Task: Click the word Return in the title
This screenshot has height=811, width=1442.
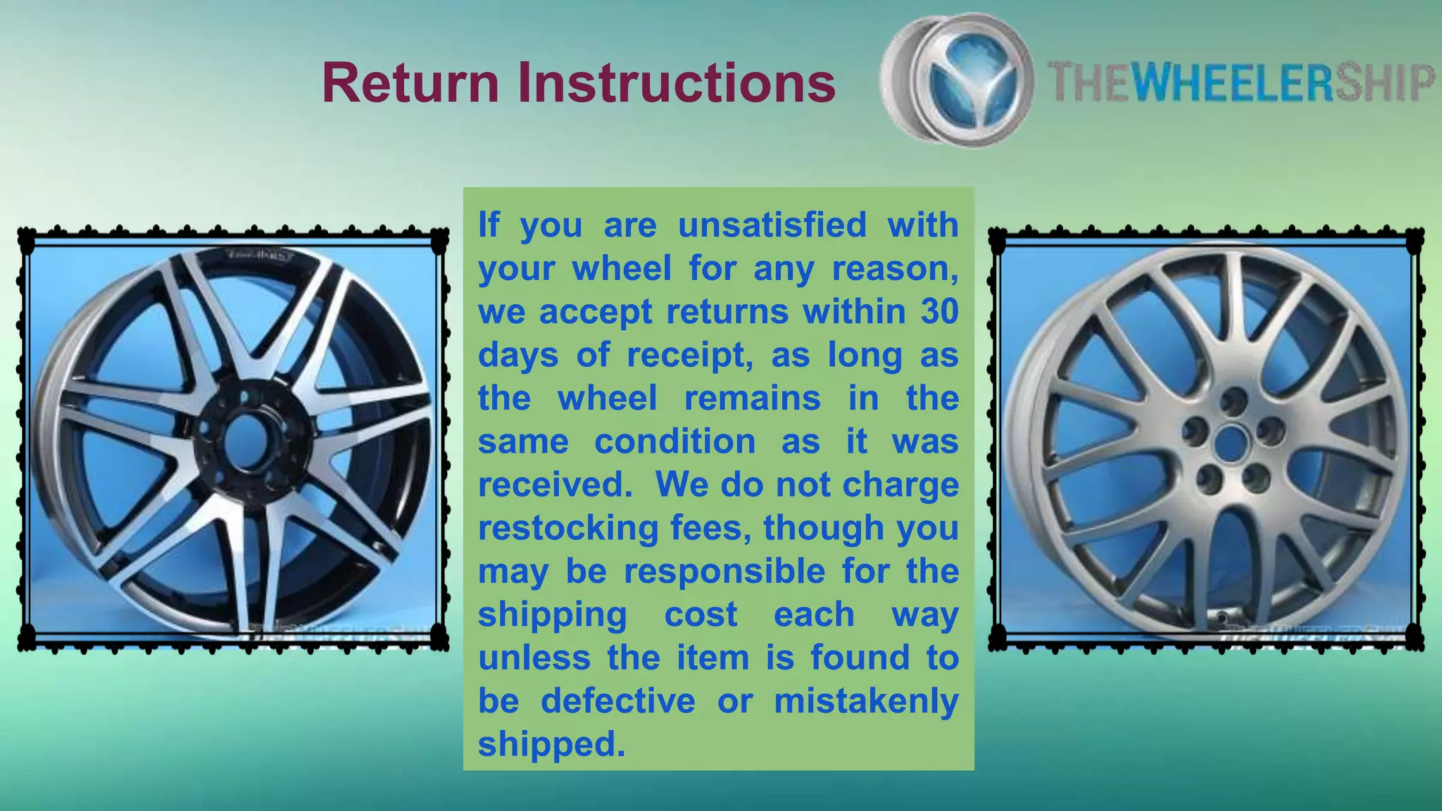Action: [x=410, y=83]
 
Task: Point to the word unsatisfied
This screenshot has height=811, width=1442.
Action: [x=772, y=225]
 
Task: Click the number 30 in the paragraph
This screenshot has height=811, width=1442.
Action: [x=939, y=312]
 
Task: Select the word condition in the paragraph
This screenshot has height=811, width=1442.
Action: [x=675, y=442]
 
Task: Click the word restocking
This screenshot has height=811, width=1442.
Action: [x=568, y=528]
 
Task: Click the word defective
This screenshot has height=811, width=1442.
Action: [x=617, y=701]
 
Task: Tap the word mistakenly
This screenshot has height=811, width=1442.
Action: [x=866, y=701]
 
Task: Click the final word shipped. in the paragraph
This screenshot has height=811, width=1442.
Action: [x=551, y=744]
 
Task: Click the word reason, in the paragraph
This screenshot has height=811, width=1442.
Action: [x=895, y=269]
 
